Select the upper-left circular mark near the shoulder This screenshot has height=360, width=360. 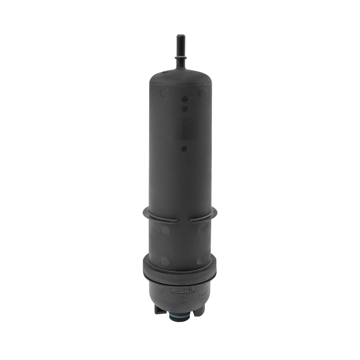[x=164, y=92]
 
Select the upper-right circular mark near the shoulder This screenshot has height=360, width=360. [x=202, y=92]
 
